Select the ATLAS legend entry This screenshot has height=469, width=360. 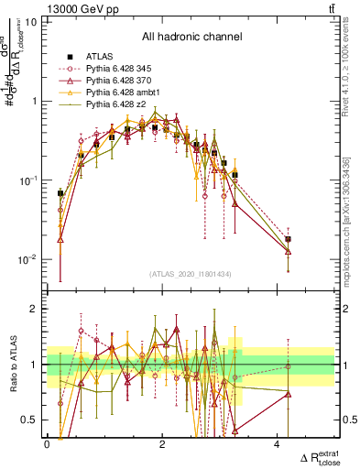100,56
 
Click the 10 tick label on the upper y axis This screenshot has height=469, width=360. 30,21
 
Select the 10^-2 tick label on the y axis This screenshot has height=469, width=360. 27,259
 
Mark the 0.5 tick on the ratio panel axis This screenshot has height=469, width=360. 29,420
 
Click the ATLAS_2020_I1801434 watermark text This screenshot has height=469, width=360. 191,274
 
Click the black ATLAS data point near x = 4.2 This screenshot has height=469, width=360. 288,239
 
